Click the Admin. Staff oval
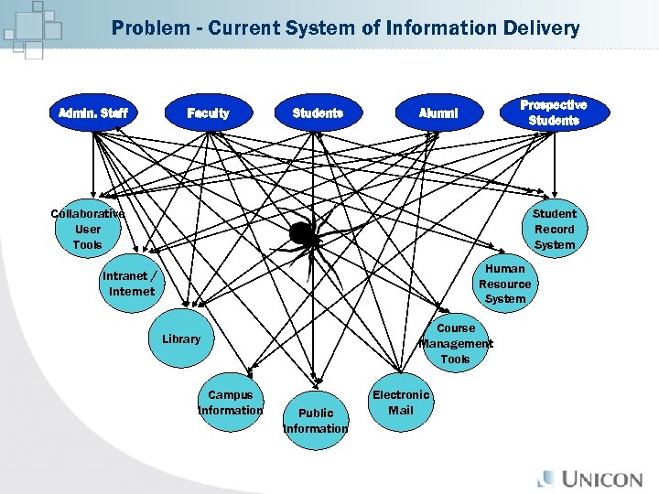[x=92, y=113]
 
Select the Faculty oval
[x=208, y=113]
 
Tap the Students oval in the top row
[x=317, y=113]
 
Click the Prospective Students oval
[x=553, y=113]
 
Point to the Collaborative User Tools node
[x=88, y=230]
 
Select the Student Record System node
[x=554, y=230]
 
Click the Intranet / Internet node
[x=130, y=284]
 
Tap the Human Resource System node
[x=505, y=284]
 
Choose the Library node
[x=181, y=339]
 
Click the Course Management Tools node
[x=455, y=343]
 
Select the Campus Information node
[x=230, y=403]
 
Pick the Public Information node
[x=316, y=421]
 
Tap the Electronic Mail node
[x=400, y=403]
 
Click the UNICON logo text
[x=605, y=478]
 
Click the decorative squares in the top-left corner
[x=32, y=27]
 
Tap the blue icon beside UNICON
[x=546, y=478]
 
